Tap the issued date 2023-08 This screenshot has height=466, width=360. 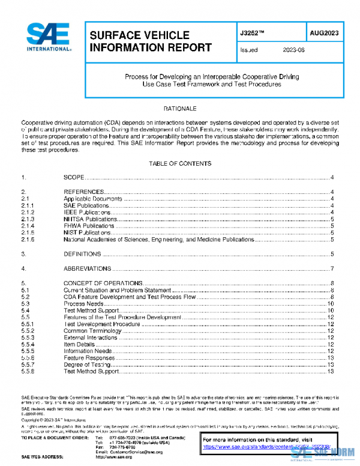coord(294,50)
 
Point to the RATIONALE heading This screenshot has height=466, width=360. coord(180,109)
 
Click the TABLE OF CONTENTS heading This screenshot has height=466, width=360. coord(179,163)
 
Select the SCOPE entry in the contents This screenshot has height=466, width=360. coord(75,178)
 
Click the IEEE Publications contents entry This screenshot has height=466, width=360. coord(88,212)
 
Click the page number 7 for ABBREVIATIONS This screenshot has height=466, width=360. coord(332,268)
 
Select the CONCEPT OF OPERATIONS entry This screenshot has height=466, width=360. coord(103,283)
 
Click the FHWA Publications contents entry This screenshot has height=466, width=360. coord(89,225)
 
